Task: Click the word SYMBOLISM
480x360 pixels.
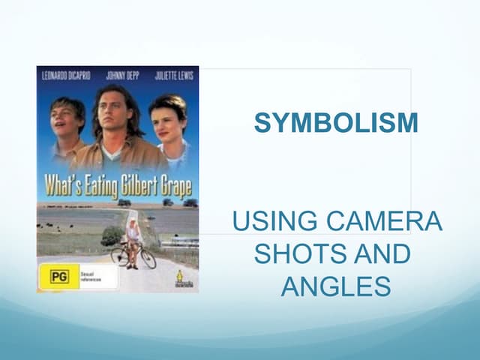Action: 336,123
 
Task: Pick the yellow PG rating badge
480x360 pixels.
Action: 53,277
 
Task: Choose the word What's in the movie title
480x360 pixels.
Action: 60,185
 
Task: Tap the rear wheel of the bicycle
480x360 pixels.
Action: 119,256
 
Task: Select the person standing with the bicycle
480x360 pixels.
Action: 133,241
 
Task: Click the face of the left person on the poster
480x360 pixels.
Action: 67,119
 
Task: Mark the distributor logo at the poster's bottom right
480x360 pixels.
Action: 184,279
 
